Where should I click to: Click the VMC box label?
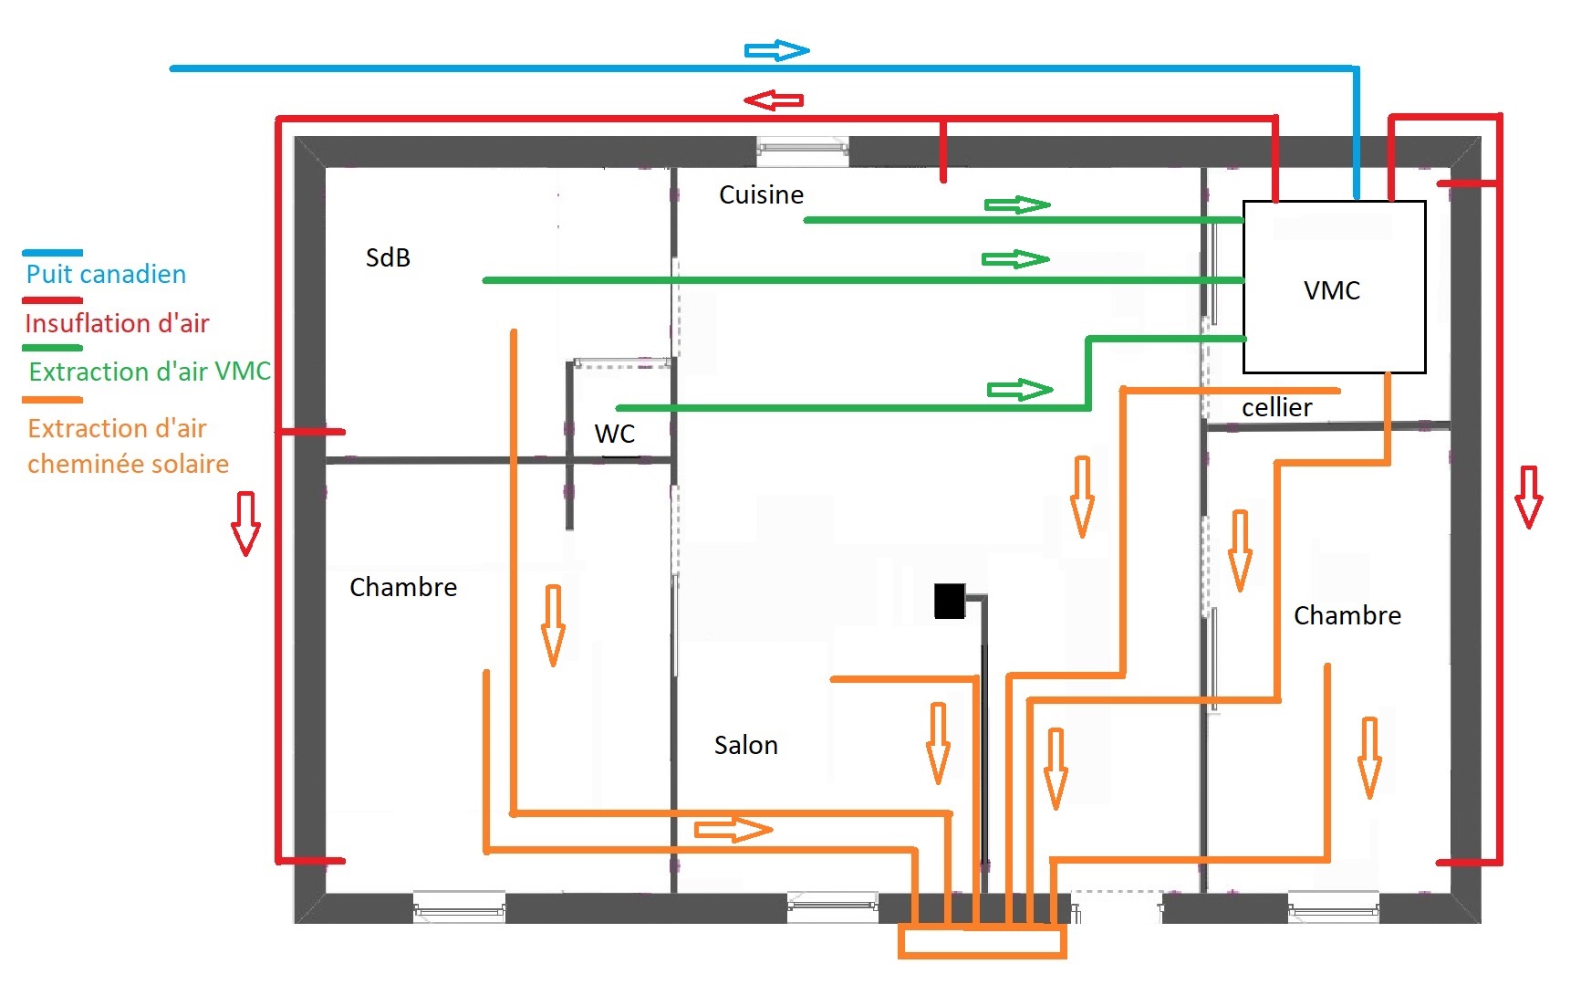point(1332,290)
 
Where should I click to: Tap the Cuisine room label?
point(761,194)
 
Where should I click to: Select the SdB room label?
point(388,257)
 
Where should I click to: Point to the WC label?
point(614,434)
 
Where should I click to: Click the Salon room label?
point(745,745)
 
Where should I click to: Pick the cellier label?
point(1276,407)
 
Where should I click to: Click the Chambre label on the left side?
point(403,587)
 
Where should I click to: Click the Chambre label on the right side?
point(1347,615)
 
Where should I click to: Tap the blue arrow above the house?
point(777,50)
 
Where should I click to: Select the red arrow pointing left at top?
point(774,100)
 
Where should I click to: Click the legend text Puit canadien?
point(106,274)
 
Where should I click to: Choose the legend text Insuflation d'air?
point(117,323)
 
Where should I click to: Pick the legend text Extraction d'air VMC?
point(150,372)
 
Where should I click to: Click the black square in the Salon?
point(949,602)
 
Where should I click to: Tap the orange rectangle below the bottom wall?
point(983,942)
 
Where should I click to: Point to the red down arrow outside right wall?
point(1528,497)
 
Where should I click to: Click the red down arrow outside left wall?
point(245,523)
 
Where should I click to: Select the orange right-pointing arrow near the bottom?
point(733,830)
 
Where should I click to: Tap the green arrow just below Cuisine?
point(1017,204)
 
